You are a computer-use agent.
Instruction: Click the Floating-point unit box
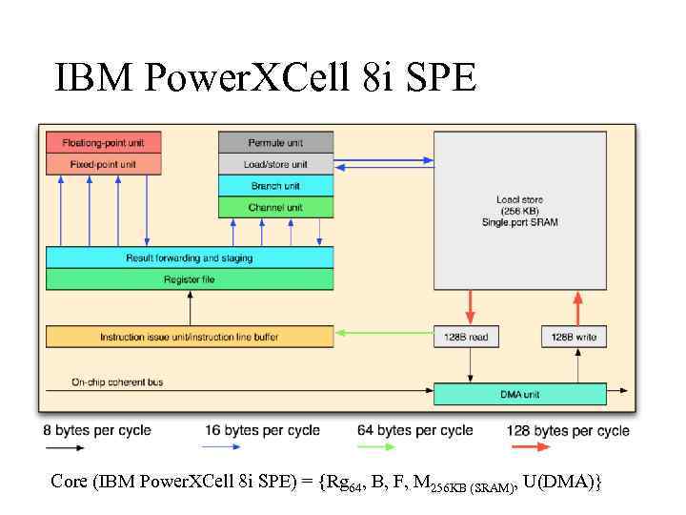click(x=103, y=142)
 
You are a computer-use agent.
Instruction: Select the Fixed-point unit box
click(x=103, y=164)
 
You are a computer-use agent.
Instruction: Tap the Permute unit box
click(x=275, y=142)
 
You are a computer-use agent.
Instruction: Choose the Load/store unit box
click(x=275, y=164)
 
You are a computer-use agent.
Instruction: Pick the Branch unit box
click(x=275, y=186)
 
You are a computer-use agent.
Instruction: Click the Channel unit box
click(x=275, y=207)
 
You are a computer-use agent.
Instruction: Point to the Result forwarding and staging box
click(x=190, y=257)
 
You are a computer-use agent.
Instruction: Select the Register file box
click(x=190, y=278)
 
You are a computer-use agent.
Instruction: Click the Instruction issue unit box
click(x=190, y=337)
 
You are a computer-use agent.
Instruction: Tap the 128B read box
click(x=467, y=337)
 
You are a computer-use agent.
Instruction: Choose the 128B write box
click(x=575, y=337)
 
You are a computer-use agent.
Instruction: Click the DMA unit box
click(x=519, y=393)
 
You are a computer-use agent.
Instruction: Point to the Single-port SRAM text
click(x=519, y=222)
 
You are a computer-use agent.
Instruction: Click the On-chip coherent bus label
click(x=117, y=382)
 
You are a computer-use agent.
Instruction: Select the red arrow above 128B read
click(x=468, y=308)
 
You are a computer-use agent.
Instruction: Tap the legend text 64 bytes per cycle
click(x=414, y=430)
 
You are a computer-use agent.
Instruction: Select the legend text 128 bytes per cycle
click(x=568, y=431)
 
